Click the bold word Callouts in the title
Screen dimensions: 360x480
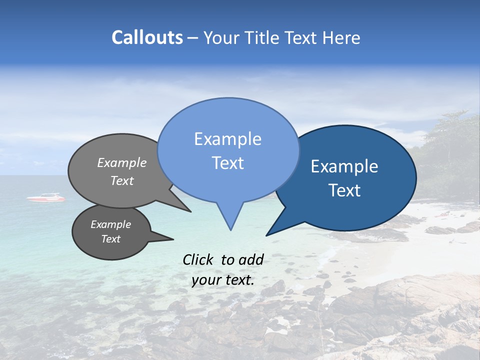tap(147, 37)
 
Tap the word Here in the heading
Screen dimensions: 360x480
tap(341, 37)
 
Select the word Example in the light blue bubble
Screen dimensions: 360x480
tap(227, 139)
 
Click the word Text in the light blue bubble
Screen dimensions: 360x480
tap(227, 163)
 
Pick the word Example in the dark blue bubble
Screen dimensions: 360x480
tap(344, 166)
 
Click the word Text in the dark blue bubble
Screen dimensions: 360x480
tap(344, 190)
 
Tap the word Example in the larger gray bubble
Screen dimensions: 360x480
tap(122, 163)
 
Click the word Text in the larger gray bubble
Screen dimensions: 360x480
tap(122, 180)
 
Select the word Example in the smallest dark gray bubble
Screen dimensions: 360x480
tap(110, 224)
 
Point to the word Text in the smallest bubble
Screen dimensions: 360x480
tap(110, 239)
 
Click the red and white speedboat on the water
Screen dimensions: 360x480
tap(46, 198)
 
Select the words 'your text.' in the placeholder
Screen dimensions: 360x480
tap(223, 280)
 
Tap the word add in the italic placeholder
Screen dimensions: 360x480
tap(251, 259)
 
